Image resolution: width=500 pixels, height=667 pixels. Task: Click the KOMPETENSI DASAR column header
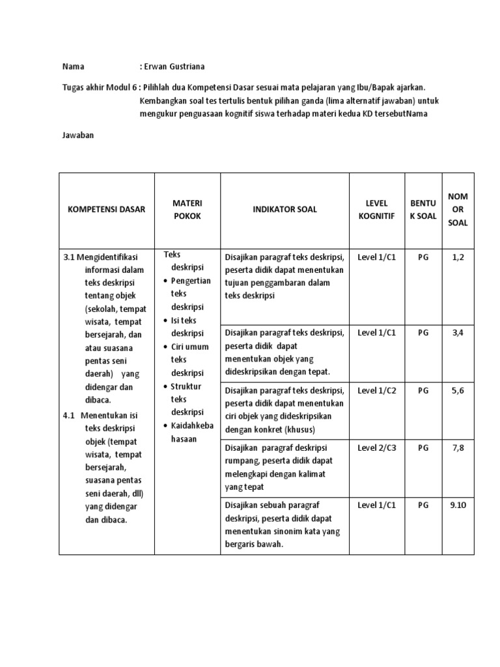click(106, 209)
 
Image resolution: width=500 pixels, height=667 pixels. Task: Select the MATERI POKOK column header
click(187, 209)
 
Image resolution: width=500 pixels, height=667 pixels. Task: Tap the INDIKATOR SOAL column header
click(285, 209)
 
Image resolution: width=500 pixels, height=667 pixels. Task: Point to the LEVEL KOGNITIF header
click(376, 209)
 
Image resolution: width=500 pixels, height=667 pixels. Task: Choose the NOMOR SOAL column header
click(458, 209)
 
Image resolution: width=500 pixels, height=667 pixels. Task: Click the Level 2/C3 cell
click(376, 447)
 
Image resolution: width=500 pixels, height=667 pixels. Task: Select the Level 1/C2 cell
click(376, 390)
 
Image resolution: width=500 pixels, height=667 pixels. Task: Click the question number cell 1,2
click(458, 257)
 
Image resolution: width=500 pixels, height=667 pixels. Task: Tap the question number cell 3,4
click(458, 333)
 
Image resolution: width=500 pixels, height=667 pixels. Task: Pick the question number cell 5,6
click(458, 390)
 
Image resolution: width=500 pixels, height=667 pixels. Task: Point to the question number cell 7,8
click(458, 447)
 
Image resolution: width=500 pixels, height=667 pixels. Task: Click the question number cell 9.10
click(458, 505)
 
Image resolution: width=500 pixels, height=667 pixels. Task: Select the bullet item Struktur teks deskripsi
click(187, 399)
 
